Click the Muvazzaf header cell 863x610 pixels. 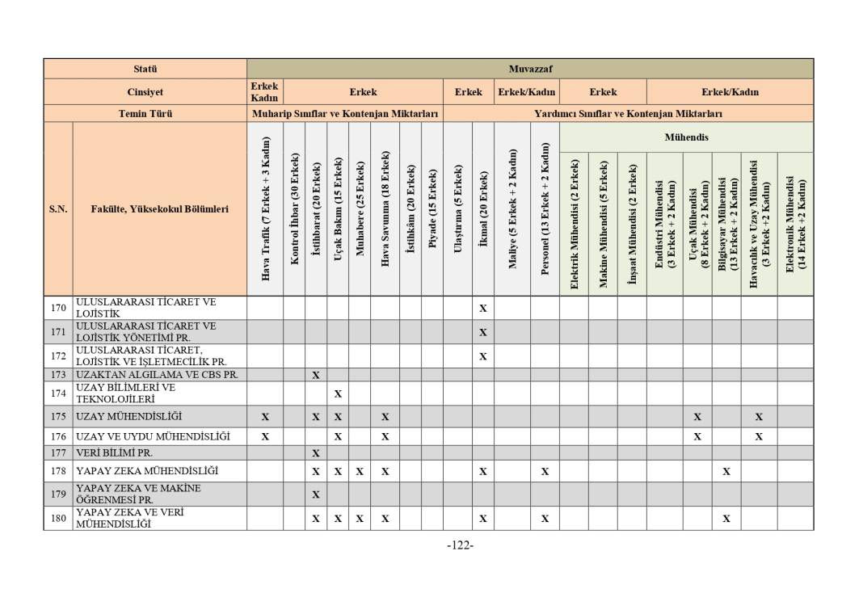530,69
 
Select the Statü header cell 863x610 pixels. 145,69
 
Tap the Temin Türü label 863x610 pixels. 145,114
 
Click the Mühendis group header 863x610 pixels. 686,137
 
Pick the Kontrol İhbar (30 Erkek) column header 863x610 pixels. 294,209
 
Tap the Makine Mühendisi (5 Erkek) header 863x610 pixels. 603,224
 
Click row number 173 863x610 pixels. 58,375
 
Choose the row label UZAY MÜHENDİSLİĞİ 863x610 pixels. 129,417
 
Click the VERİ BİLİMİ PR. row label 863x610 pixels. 114,453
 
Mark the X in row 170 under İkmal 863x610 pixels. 483,308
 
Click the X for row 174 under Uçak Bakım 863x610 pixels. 338,393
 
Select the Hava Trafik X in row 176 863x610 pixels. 265,436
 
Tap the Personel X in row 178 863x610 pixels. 545,471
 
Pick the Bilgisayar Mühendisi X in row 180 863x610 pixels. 726,519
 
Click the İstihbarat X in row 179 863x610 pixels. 316,494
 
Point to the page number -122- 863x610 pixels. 460,545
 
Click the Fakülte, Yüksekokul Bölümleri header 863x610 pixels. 159,209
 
